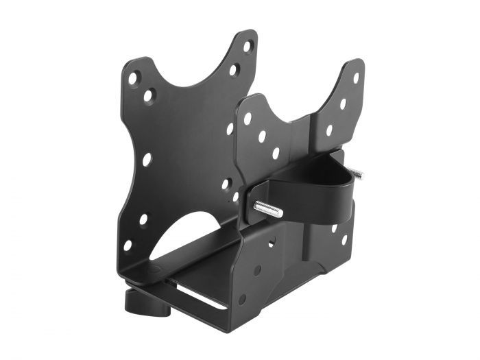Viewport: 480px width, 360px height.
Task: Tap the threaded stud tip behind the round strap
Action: coord(356,174)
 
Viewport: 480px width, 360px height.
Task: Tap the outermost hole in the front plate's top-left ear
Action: coord(133,78)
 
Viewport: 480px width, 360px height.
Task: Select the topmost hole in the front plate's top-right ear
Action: coord(248,46)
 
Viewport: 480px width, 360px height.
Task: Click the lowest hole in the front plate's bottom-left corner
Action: coord(128,245)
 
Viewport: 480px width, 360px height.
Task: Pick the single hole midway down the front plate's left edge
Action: coord(147,159)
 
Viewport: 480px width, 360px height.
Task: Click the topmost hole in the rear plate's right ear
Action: coord(356,77)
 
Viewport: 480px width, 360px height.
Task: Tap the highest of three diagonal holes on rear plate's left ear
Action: coord(248,119)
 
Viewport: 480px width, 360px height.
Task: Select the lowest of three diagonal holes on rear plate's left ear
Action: coord(276,153)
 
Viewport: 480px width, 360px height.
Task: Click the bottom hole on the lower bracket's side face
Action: coord(242,300)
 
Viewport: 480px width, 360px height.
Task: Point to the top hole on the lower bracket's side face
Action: coord(272,242)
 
